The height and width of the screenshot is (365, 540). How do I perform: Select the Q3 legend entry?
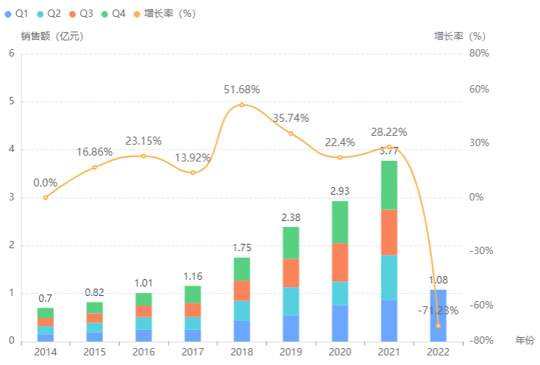click(82, 13)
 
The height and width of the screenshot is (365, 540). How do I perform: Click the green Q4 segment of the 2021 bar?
click(389, 185)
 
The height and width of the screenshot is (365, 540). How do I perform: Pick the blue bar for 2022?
click(438, 315)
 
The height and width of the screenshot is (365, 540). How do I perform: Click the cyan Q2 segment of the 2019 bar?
click(290, 301)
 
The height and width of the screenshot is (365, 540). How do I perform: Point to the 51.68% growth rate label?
click(242, 90)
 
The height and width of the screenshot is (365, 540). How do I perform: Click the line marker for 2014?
click(46, 198)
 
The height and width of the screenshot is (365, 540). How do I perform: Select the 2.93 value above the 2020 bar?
click(339, 191)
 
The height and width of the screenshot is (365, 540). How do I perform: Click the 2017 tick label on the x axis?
click(192, 352)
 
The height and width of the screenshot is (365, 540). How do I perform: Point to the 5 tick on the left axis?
click(10, 101)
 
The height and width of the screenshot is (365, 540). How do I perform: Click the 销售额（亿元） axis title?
click(52, 36)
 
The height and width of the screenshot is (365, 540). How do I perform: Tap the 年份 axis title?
click(525, 341)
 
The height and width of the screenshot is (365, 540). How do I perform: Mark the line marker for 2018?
click(242, 105)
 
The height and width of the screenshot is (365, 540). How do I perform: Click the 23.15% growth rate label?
click(143, 141)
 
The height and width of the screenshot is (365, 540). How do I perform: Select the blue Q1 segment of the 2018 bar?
click(242, 331)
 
